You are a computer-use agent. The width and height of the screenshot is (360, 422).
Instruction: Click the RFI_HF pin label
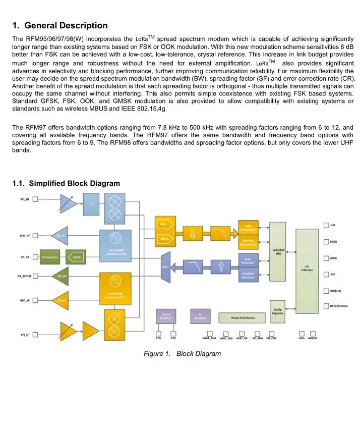24,199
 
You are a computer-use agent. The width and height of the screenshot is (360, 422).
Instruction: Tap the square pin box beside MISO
326,242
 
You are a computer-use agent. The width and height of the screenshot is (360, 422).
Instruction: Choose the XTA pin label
158,338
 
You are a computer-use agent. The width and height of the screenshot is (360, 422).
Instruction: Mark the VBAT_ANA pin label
209,338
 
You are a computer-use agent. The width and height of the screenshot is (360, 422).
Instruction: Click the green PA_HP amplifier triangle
61,276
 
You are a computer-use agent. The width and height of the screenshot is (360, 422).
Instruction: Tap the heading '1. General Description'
59,25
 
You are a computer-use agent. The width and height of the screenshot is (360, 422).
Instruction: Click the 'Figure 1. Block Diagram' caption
182,354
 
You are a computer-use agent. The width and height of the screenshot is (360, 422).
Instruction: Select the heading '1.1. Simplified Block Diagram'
66,183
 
